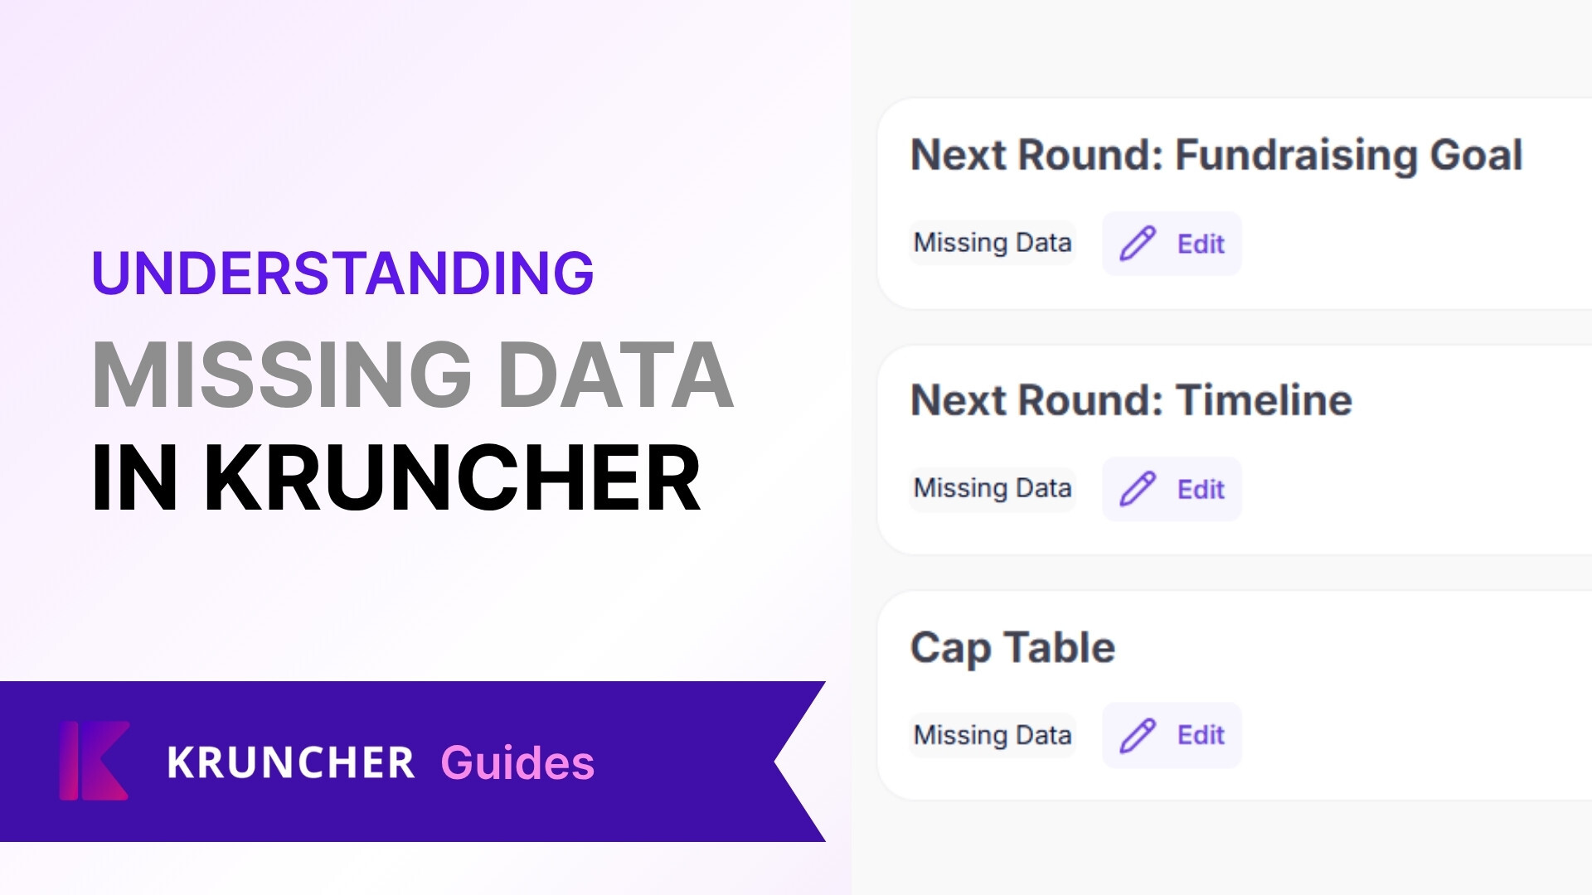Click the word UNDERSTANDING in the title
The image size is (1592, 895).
click(342, 273)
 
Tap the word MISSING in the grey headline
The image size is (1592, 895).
click(282, 375)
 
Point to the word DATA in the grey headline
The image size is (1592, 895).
click(615, 375)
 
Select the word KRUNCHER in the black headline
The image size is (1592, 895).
click(453, 478)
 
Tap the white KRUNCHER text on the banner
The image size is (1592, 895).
click(290, 762)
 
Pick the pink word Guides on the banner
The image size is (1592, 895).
click(517, 762)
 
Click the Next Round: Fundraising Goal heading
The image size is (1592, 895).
click(1216, 155)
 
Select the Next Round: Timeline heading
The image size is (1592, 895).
click(1131, 400)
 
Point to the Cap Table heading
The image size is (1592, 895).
click(1012, 647)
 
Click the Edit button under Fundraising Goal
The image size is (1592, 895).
click(1172, 244)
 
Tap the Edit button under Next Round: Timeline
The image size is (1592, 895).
click(1172, 489)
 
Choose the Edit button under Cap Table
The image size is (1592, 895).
click(1172, 735)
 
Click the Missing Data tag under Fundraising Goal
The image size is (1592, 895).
click(993, 243)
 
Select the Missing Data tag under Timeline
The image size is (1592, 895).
click(993, 488)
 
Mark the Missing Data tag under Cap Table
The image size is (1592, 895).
click(993, 735)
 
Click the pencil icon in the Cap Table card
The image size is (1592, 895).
click(1138, 735)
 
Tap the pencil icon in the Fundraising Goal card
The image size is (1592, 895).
click(1138, 244)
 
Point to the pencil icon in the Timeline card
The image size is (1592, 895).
click(1138, 489)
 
